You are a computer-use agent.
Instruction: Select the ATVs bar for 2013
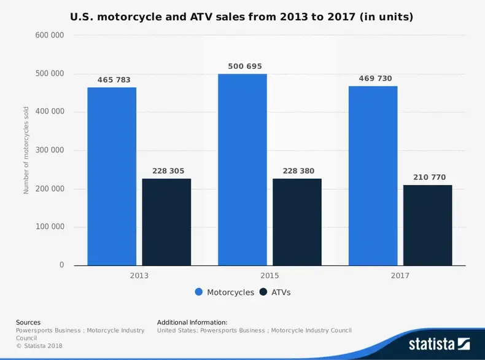(x=166, y=222)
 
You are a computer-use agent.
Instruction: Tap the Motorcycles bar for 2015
(x=243, y=170)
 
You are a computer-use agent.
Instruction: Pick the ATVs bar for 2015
(x=297, y=222)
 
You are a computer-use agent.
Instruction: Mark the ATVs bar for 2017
(x=428, y=225)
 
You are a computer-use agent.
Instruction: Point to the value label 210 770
(x=428, y=177)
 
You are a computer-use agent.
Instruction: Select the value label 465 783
(x=114, y=80)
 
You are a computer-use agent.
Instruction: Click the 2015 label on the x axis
(x=270, y=275)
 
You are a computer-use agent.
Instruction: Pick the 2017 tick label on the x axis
(x=400, y=275)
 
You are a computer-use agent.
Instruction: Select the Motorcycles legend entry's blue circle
(x=199, y=292)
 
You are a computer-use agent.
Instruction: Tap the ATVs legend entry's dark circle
(x=263, y=292)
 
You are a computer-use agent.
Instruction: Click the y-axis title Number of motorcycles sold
(x=26, y=151)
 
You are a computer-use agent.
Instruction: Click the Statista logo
(x=440, y=344)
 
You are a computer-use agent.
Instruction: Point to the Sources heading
(x=28, y=322)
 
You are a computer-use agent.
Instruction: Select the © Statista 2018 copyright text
(x=39, y=346)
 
